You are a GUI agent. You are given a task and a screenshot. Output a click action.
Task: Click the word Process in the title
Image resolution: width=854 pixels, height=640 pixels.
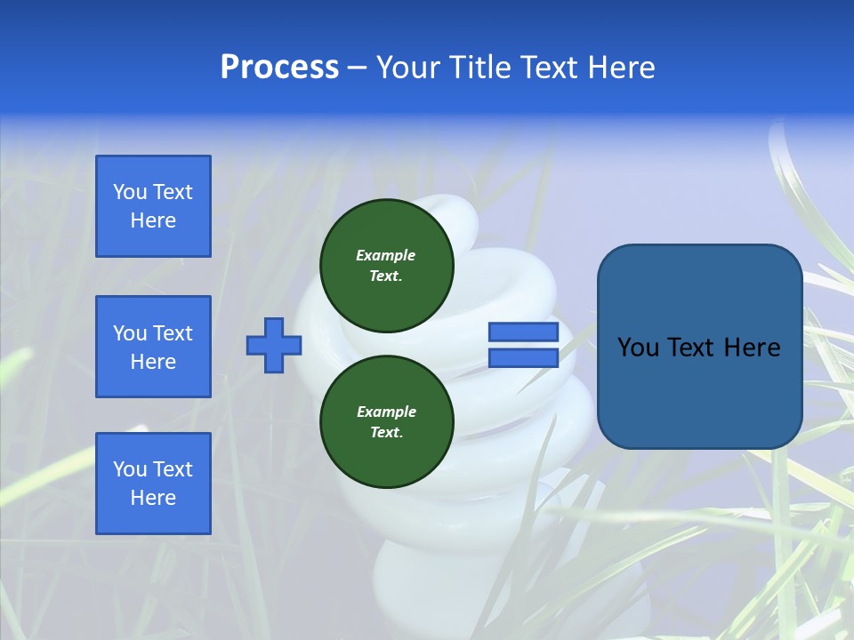point(279,68)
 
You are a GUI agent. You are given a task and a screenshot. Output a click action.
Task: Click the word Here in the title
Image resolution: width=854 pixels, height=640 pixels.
point(618,68)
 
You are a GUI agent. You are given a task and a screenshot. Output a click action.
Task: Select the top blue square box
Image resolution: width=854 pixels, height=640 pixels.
point(153,206)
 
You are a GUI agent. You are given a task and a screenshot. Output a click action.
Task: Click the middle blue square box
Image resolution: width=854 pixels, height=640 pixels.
point(153,347)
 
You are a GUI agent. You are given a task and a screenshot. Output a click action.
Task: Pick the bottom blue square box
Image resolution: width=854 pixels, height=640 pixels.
point(153,484)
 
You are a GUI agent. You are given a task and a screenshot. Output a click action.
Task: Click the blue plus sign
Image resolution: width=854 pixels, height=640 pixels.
point(274,345)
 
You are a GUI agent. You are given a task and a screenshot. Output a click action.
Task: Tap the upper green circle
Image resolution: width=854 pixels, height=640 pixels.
point(387,266)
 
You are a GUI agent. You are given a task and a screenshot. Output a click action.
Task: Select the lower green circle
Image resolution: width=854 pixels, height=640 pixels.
point(387,422)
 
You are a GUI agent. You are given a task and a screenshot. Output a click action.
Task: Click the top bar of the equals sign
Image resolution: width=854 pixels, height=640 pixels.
point(524,332)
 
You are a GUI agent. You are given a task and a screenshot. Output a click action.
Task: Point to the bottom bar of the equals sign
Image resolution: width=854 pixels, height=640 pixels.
point(524,358)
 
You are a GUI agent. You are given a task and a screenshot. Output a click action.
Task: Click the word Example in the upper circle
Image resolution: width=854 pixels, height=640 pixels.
point(386,255)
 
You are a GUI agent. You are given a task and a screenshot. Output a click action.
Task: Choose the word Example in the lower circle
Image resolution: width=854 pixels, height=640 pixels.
point(386,412)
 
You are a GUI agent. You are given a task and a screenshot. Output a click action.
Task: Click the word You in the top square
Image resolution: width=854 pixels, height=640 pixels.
point(130,192)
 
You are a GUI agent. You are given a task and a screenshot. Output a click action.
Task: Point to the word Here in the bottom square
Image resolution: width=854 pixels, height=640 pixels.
point(153,498)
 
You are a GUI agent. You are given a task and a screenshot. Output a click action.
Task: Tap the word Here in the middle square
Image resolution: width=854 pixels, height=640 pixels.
point(153,362)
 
